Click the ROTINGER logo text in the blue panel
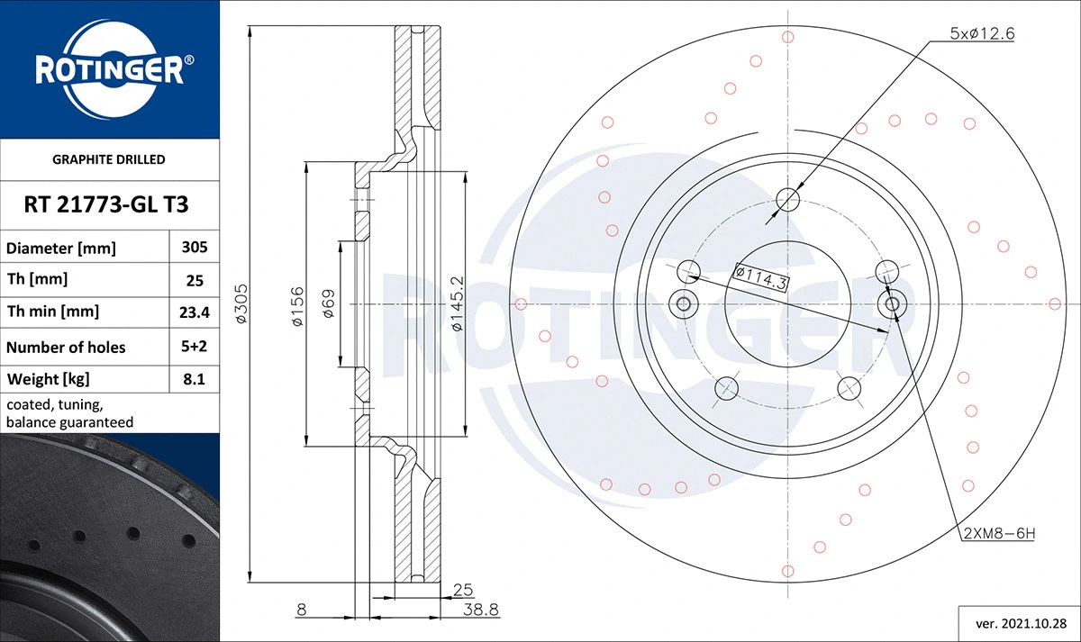pyautogui.click(x=109, y=69)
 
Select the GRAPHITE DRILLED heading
pyautogui.click(x=109, y=159)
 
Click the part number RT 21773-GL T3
pyautogui.click(x=109, y=204)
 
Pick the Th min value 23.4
pyautogui.click(x=195, y=312)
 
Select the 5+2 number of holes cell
pyautogui.click(x=195, y=347)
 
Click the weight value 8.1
pyautogui.click(x=195, y=380)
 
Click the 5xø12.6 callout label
pyautogui.click(x=983, y=33)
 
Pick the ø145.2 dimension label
pyautogui.click(x=458, y=303)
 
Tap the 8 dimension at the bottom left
pyautogui.click(x=301, y=610)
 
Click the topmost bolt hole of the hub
pyautogui.click(x=788, y=199)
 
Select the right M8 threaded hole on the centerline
pyautogui.click(x=893, y=304)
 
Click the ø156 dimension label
pyautogui.click(x=297, y=306)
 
